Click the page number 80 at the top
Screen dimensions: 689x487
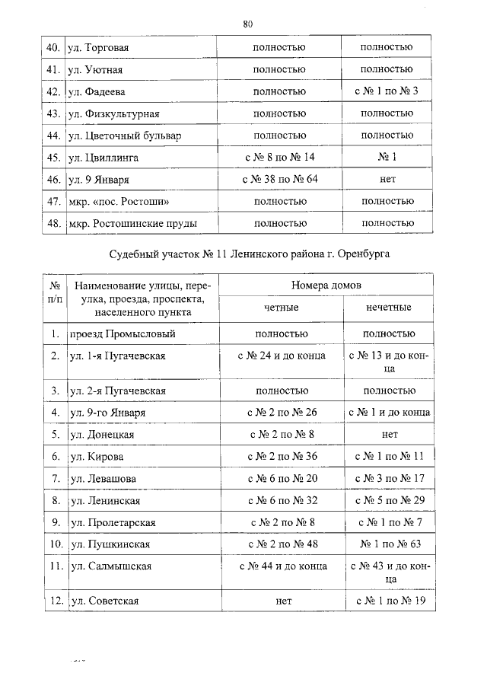[247, 24]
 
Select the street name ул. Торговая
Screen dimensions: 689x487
[98, 48]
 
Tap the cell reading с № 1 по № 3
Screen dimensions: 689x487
[387, 92]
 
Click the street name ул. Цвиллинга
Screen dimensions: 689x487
[103, 158]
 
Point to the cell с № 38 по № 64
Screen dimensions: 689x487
[279, 180]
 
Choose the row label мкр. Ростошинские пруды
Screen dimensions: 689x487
[133, 224]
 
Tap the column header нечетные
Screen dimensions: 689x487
[387, 308]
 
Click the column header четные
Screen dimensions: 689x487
[279, 308]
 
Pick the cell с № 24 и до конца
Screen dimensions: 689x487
[279, 356]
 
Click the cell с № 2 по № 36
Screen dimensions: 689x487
[279, 456]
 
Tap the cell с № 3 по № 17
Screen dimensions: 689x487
[387, 478]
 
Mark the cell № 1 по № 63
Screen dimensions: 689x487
[387, 544]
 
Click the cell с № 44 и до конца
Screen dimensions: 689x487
[279, 566]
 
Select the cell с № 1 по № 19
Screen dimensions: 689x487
[387, 601]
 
